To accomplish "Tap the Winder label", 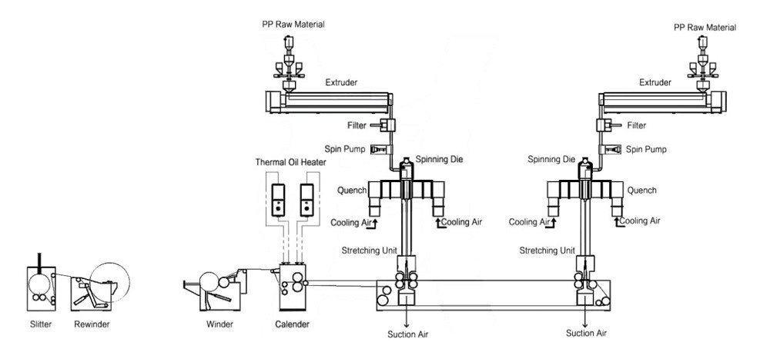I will click(219, 324).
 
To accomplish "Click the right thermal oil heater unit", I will click(306, 198).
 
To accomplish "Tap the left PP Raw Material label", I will click(293, 25).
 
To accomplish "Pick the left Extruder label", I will click(340, 82).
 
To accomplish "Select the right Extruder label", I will click(655, 82).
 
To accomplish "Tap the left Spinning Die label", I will click(437, 160).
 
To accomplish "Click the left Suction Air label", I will click(408, 334).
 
